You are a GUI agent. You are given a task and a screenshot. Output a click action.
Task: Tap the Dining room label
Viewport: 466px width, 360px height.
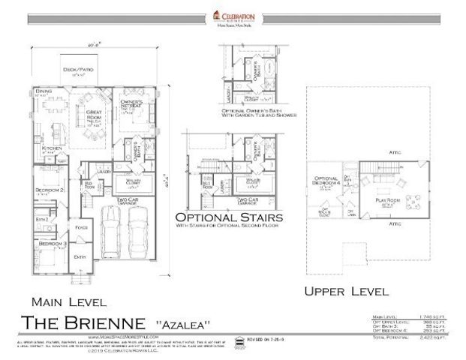[x=44, y=91]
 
